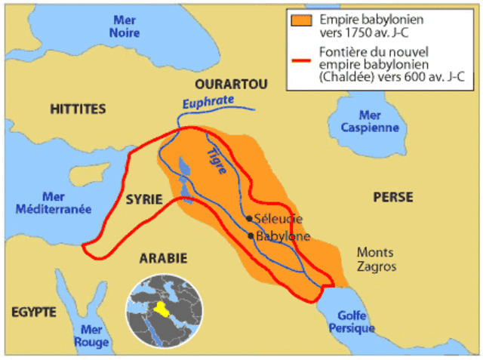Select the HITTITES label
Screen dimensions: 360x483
77,109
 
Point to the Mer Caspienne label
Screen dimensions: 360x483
369,121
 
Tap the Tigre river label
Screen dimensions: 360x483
216,159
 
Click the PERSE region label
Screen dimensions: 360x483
393,197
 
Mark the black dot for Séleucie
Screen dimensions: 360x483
249,218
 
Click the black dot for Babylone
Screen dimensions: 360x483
251,235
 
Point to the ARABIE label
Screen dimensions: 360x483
163,258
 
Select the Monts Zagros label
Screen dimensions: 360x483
377,259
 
